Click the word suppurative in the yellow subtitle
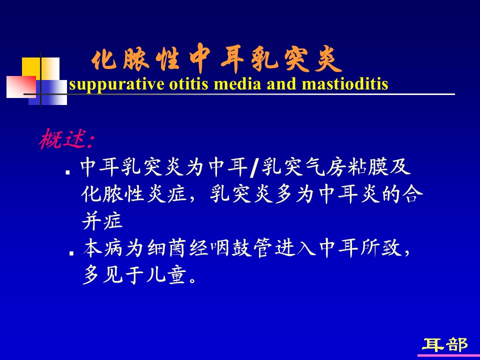click(116, 84)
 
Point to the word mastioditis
click(345, 83)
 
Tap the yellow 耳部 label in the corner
click(445, 345)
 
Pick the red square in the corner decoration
click(21, 86)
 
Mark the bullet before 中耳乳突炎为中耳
click(68, 172)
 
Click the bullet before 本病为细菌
click(71, 253)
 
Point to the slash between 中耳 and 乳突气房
click(253, 168)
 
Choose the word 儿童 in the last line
click(166, 274)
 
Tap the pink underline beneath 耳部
click(449, 355)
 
